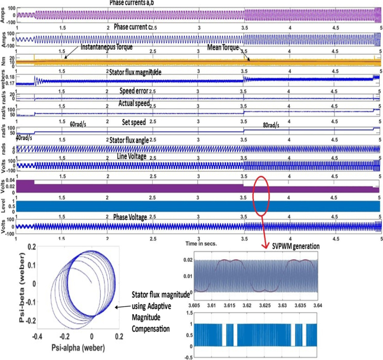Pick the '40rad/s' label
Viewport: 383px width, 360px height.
25,138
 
